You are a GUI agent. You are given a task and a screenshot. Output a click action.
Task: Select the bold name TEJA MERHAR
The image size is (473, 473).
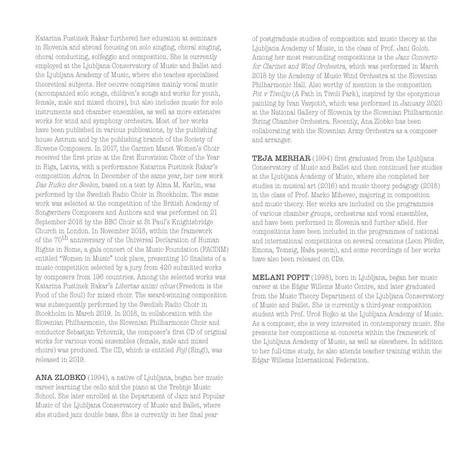281,158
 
